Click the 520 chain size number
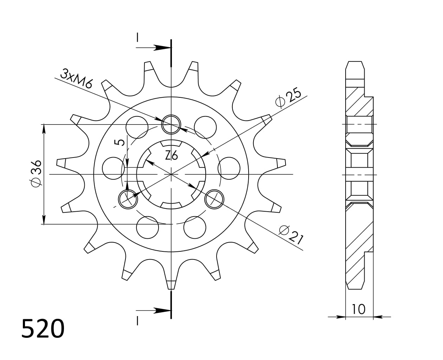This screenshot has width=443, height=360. pos(43,329)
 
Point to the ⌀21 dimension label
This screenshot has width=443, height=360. pos(291,234)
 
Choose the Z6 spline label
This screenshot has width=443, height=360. pos(171,155)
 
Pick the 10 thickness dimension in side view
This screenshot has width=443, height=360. pos(358,309)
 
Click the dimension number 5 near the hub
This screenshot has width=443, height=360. pos(120,142)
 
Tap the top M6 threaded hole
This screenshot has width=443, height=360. pos(171,124)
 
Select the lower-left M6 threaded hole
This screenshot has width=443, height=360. pos(128,199)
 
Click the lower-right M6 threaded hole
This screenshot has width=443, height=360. pos(214,199)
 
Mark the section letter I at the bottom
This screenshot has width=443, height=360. pos(137,321)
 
